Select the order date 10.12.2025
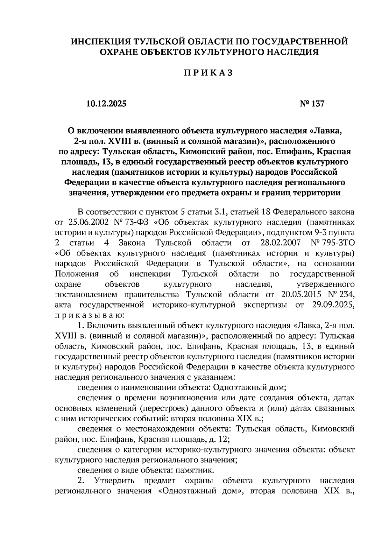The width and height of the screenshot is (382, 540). coord(106,104)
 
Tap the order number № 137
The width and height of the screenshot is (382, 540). coord(312,104)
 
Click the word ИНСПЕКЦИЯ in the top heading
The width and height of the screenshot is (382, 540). coord(97,42)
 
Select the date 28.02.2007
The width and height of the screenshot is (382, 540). coord(280,243)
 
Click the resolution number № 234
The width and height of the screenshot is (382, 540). coord(340,295)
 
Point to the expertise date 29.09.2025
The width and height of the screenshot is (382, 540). coord(331,305)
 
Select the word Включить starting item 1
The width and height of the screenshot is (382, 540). coord(107,326)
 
